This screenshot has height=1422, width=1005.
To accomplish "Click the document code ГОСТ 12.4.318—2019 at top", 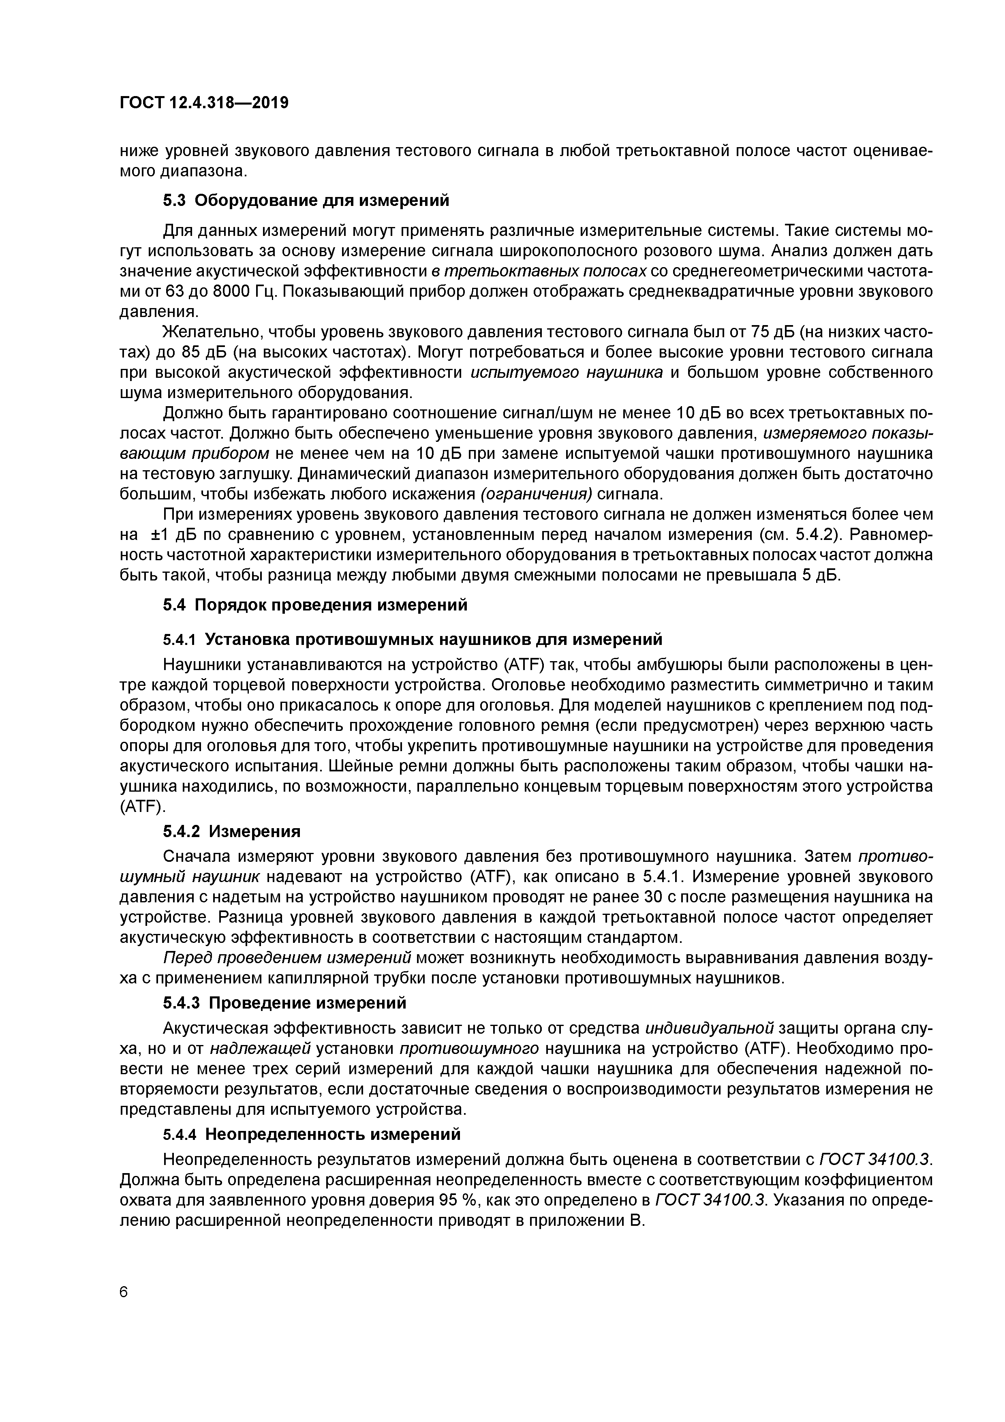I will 204,103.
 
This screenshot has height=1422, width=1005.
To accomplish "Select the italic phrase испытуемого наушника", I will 567,372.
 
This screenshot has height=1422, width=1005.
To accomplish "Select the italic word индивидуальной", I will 710,1028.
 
